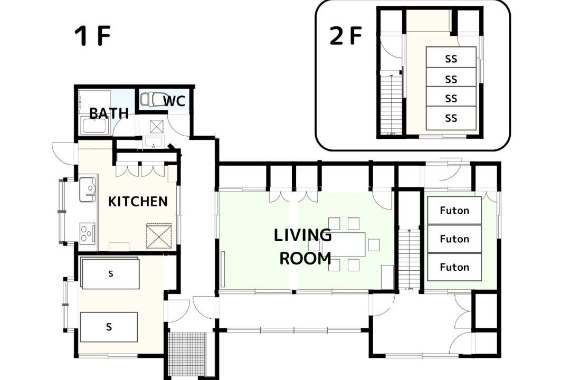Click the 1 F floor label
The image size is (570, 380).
point(92,36)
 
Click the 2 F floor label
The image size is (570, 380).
point(346,36)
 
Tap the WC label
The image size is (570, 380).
point(175,101)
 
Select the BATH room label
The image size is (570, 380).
point(109,113)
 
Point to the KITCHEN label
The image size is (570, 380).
point(138,201)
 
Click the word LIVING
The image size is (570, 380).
point(302,235)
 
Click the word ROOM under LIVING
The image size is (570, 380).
point(306,258)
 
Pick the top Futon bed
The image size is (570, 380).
point(454,210)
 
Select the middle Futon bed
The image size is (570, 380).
point(454,239)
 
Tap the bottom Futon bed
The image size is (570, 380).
point(454,267)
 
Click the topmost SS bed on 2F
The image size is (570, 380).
point(451,58)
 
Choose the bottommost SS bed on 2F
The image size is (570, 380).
point(451,118)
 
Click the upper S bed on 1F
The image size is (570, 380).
point(110,273)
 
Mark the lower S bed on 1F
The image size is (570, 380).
point(109,327)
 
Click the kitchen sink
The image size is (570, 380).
point(88,189)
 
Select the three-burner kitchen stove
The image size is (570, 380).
point(88,233)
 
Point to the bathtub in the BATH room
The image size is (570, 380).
point(95,126)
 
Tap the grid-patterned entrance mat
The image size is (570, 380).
point(188,355)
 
